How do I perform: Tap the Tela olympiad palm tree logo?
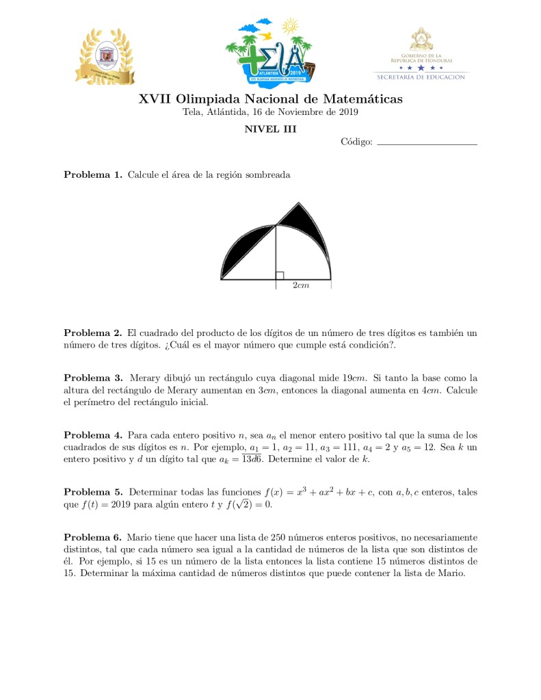click(x=269, y=49)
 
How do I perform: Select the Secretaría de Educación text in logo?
click(x=421, y=77)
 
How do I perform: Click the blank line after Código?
click(x=426, y=143)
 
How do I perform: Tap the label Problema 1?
click(x=93, y=174)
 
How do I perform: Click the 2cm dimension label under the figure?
click(x=301, y=285)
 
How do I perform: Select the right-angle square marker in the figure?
click(x=279, y=275)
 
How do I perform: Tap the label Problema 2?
click(x=93, y=333)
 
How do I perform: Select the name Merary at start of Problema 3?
click(x=144, y=378)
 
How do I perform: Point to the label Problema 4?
click(x=93, y=435)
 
